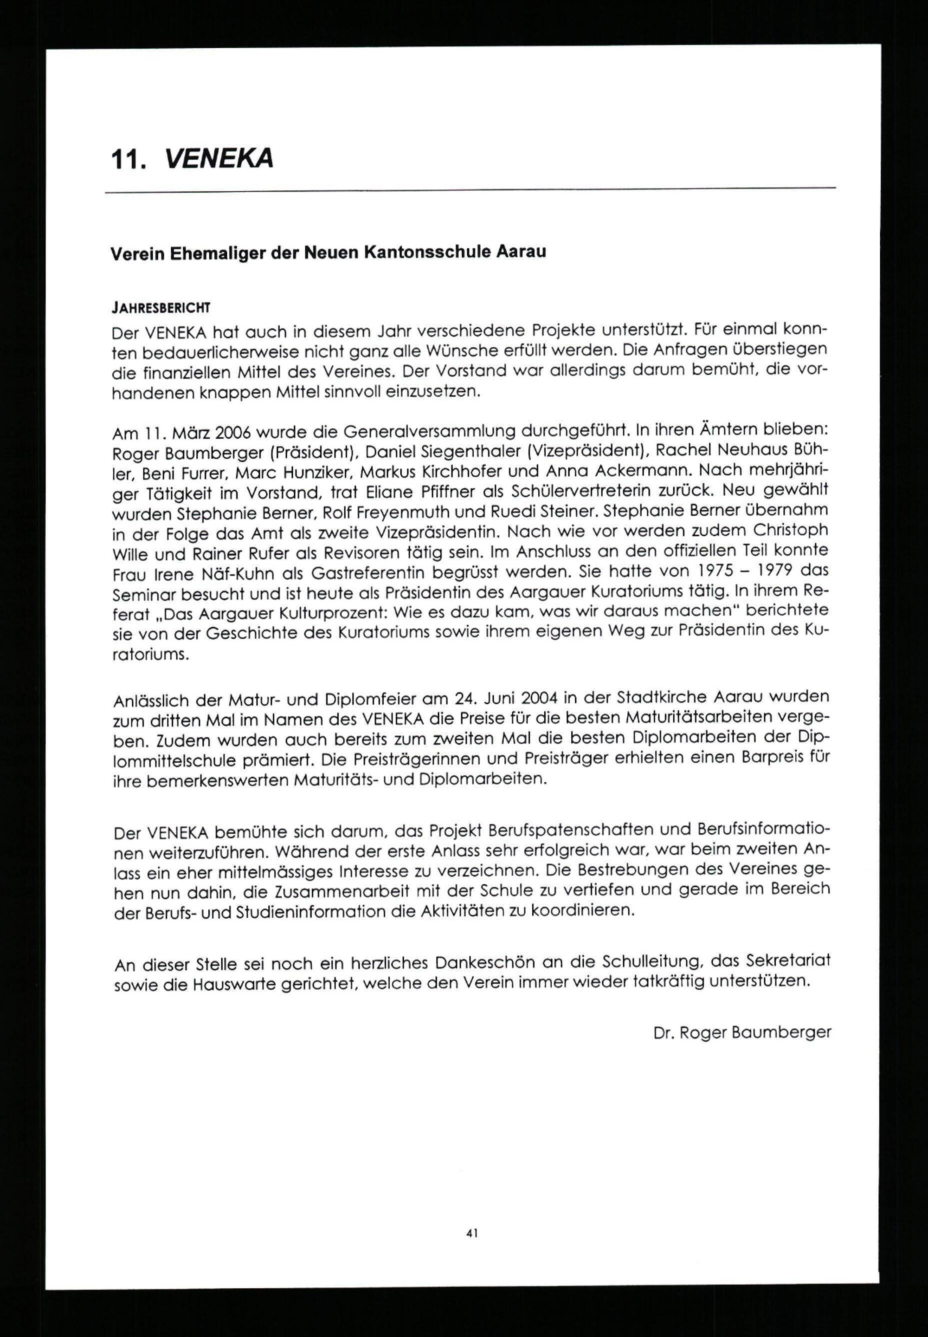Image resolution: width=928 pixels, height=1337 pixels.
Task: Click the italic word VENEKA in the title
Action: (x=219, y=158)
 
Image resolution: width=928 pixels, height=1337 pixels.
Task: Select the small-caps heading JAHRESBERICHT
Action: (x=161, y=306)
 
